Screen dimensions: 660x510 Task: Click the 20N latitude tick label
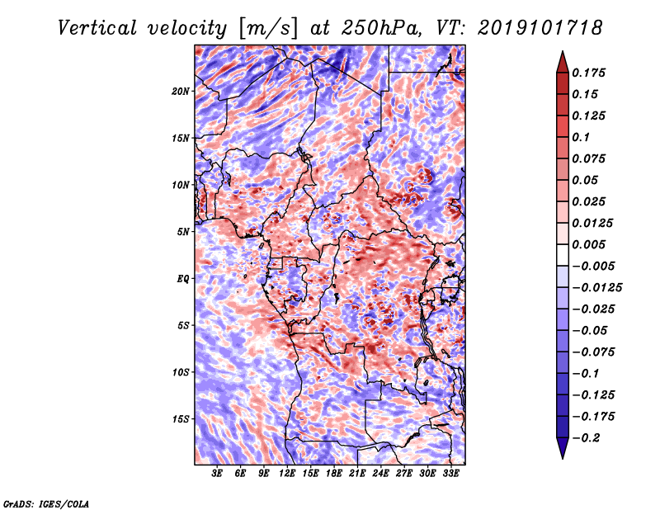(181, 92)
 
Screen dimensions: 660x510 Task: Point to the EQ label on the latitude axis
(183, 279)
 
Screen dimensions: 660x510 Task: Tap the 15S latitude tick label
(181, 419)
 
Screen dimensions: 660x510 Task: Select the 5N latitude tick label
(183, 232)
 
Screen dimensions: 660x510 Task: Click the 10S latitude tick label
(181, 372)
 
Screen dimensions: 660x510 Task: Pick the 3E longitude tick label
(217, 474)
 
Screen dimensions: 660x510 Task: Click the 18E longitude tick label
(334, 474)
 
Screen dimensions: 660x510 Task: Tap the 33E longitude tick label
(450, 474)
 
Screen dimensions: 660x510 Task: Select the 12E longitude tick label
(287, 474)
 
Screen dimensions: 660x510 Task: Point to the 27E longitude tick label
(404, 474)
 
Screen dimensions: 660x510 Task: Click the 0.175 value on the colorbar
(588, 73)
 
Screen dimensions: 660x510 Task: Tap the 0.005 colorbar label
(588, 244)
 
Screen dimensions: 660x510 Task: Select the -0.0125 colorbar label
(596, 288)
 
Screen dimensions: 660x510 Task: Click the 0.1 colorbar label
(581, 137)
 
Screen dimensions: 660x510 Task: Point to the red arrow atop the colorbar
(563, 63)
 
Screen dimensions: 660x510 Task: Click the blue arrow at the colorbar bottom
(563, 448)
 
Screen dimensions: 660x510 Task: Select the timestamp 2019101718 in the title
(540, 28)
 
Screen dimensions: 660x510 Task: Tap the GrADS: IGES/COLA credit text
(46, 504)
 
